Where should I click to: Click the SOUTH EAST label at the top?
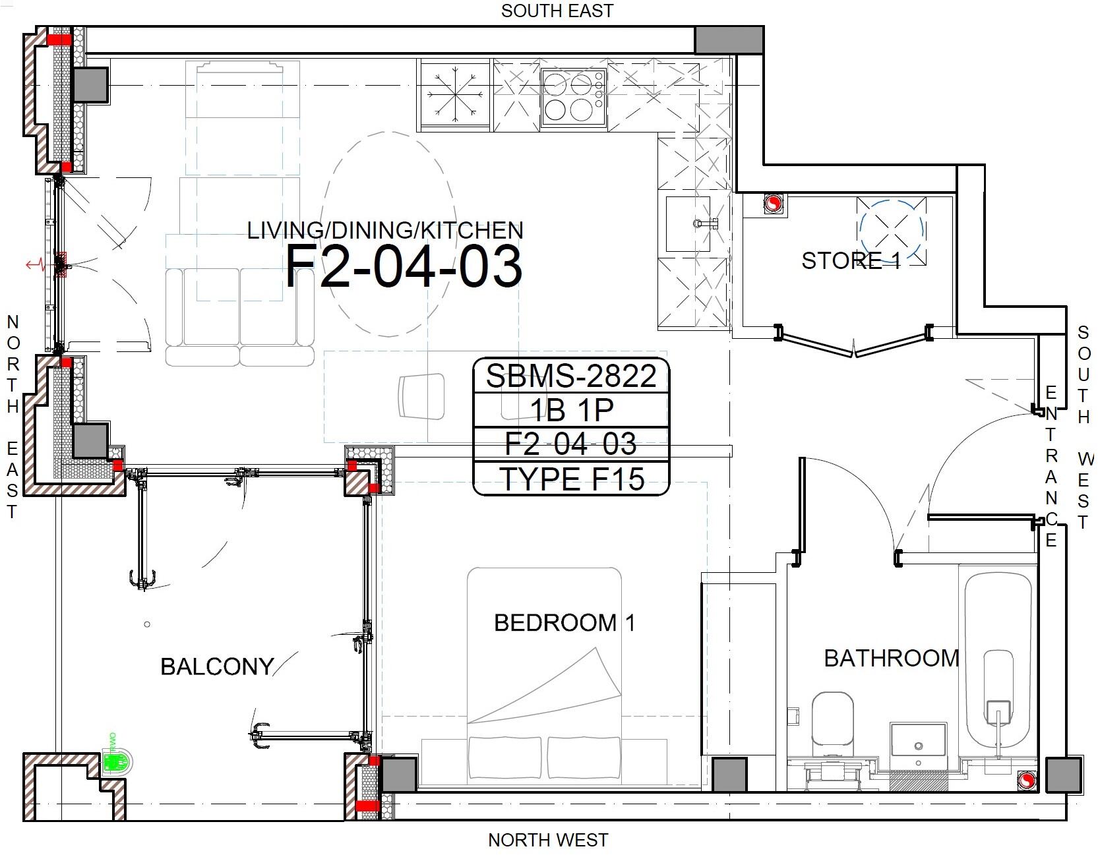click(x=557, y=11)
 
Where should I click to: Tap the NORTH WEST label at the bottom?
click(x=548, y=840)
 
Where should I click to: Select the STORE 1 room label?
click(x=851, y=261)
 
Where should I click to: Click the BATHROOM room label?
click(x=892, y=658)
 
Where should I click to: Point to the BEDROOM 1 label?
click(x=564, y=623)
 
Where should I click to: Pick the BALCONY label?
click(x=217, y=666)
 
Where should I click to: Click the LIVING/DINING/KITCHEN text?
click(x=385, y=230)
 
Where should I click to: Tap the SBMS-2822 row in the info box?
click(x=571, y=376)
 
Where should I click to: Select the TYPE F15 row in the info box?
click(x=571, y=479)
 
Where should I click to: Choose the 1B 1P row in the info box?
click(x=571, y=410)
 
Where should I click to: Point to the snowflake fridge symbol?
click(x=454, y=95)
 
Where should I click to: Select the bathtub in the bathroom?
click(x=998, y=663)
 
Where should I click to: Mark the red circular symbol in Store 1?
click(x=773, y=205)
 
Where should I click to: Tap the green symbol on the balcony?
click(x=117, y=763)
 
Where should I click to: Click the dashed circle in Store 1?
click(x=892, y=230)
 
